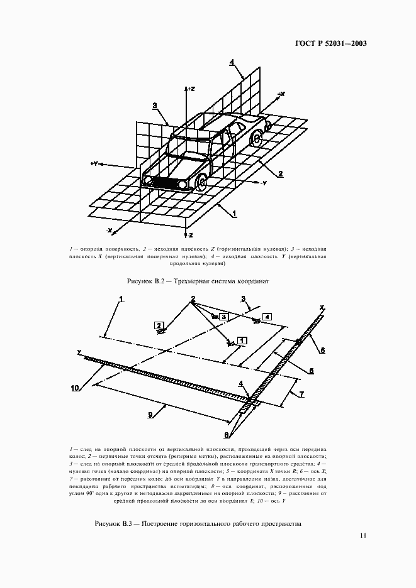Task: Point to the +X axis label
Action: pos(281,94)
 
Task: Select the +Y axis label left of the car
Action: pos(94,163)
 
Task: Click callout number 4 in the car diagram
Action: pos(232,62)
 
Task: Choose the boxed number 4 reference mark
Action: pos(267,317)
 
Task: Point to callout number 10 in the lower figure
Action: pos(75,388)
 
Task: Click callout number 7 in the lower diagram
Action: pos(301,394)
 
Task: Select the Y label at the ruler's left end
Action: pos(79,352)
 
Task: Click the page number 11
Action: pos(363,536)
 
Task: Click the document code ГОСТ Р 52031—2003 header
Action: pos(330,44)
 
